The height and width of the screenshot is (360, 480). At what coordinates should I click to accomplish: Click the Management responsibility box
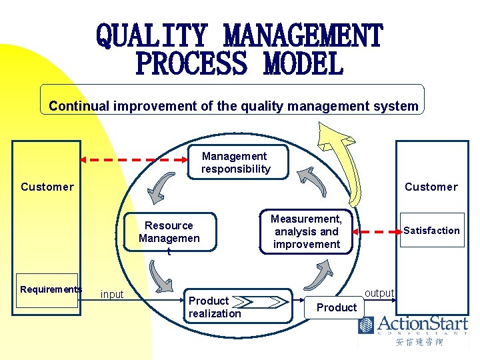click(236, 163)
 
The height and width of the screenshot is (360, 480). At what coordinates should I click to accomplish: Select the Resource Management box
click(169, 232)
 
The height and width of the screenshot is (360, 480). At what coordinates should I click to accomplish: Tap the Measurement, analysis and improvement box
click(306, 231)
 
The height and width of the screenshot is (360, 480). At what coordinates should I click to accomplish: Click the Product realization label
click(215, 307)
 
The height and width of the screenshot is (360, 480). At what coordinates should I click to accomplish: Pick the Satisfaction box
click(431, 231)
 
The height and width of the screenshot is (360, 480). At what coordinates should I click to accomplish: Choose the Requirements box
click(51, 289)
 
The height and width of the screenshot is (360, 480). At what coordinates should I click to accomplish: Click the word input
click(112, 295)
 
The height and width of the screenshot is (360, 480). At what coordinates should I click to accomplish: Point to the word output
click(380, 293)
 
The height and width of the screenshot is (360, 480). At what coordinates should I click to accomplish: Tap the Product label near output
click(337, 307)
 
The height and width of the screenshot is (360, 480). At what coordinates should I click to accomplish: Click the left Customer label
click(47, 187)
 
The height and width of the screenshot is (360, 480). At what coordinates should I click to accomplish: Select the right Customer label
click(431, 187)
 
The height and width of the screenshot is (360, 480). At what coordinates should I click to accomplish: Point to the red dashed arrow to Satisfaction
click(377, 231)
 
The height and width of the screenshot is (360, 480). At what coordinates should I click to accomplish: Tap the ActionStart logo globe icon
click(367, 325)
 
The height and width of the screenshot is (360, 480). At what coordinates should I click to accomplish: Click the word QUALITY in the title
click(153, 35)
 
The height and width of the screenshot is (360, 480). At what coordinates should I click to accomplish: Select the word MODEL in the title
click(303, 65)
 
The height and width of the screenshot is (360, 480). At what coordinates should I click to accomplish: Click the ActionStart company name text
click(423, 324)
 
